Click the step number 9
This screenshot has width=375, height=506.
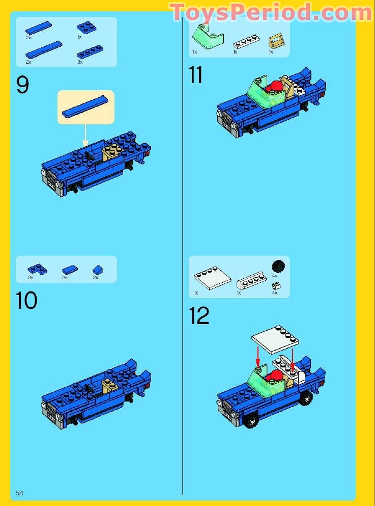tap(23, 85)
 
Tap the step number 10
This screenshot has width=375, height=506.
tap(26, 300)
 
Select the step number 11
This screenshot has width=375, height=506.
tap(195, 75)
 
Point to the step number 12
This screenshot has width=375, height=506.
tap(199, 316)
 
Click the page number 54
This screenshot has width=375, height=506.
tap(20, 493)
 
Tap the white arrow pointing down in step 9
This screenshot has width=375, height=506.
tap(85, 137)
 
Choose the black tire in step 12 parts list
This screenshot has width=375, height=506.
tap(278, 266)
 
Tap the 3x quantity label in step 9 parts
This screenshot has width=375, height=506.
tap(80, 62)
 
